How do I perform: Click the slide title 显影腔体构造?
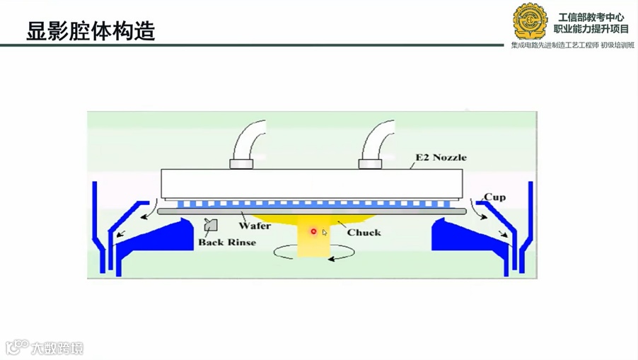tap(91, 30)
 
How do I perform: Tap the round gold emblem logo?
tap(530, 21)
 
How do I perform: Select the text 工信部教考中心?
tap(591, 17)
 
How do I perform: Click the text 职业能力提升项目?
tap(591, 30)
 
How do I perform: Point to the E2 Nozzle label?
tap(441, 157)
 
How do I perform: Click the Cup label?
tap(494, 197)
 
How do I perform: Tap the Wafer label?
tap(255, 226)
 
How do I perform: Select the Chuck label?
tap(364, 232)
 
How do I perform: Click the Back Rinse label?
tap(227, 242)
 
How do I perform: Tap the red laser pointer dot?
tap(313, 231)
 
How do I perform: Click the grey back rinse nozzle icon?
tap(210, 225)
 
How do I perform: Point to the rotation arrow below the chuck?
tap(314, 253)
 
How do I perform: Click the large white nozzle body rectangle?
tap(311, 184)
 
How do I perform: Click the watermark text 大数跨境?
tap(57, 348)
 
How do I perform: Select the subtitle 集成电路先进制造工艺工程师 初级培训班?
tap(572, 45)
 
